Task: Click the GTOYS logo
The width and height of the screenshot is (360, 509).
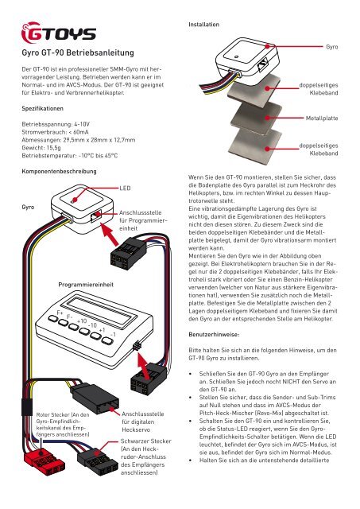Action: click(59, 33)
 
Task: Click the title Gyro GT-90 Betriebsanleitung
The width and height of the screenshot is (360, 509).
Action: click(78, 52)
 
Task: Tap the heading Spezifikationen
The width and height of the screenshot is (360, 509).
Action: click(42, 108)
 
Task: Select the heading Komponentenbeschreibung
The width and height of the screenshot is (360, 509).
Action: click(59, 171)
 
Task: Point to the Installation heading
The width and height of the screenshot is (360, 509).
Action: click(203, 25)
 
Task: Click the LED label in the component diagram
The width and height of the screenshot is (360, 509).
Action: click(125, 188)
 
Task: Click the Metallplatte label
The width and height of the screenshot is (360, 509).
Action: click(322, 119)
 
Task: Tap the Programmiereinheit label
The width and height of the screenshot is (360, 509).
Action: click(86, 285)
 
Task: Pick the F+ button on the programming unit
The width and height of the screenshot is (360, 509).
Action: click(53, 318)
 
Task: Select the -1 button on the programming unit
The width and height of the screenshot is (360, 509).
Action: click(107, 340)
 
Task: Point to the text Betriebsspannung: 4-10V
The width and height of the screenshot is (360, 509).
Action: click(56, 124)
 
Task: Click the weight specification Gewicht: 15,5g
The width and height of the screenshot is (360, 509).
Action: click(41, 148)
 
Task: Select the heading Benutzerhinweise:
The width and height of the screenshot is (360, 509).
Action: click(214, 334)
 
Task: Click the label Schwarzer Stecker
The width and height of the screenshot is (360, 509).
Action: click(146, 441)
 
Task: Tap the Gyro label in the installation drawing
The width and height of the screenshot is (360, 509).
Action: click(331, 47)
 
